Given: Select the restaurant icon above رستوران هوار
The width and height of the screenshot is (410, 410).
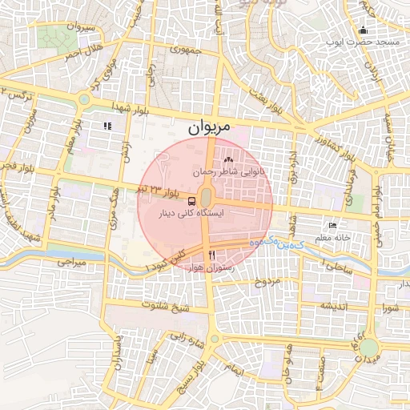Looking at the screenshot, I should click(211, 255).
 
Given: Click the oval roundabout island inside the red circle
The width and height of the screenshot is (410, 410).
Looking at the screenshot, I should click(206, 196).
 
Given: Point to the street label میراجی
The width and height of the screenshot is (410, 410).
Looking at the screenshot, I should click(70, 262).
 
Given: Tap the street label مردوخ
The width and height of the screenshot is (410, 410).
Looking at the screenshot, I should click(267, 283).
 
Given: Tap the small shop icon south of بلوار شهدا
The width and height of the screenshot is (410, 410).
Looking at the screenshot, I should click(107, 126).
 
